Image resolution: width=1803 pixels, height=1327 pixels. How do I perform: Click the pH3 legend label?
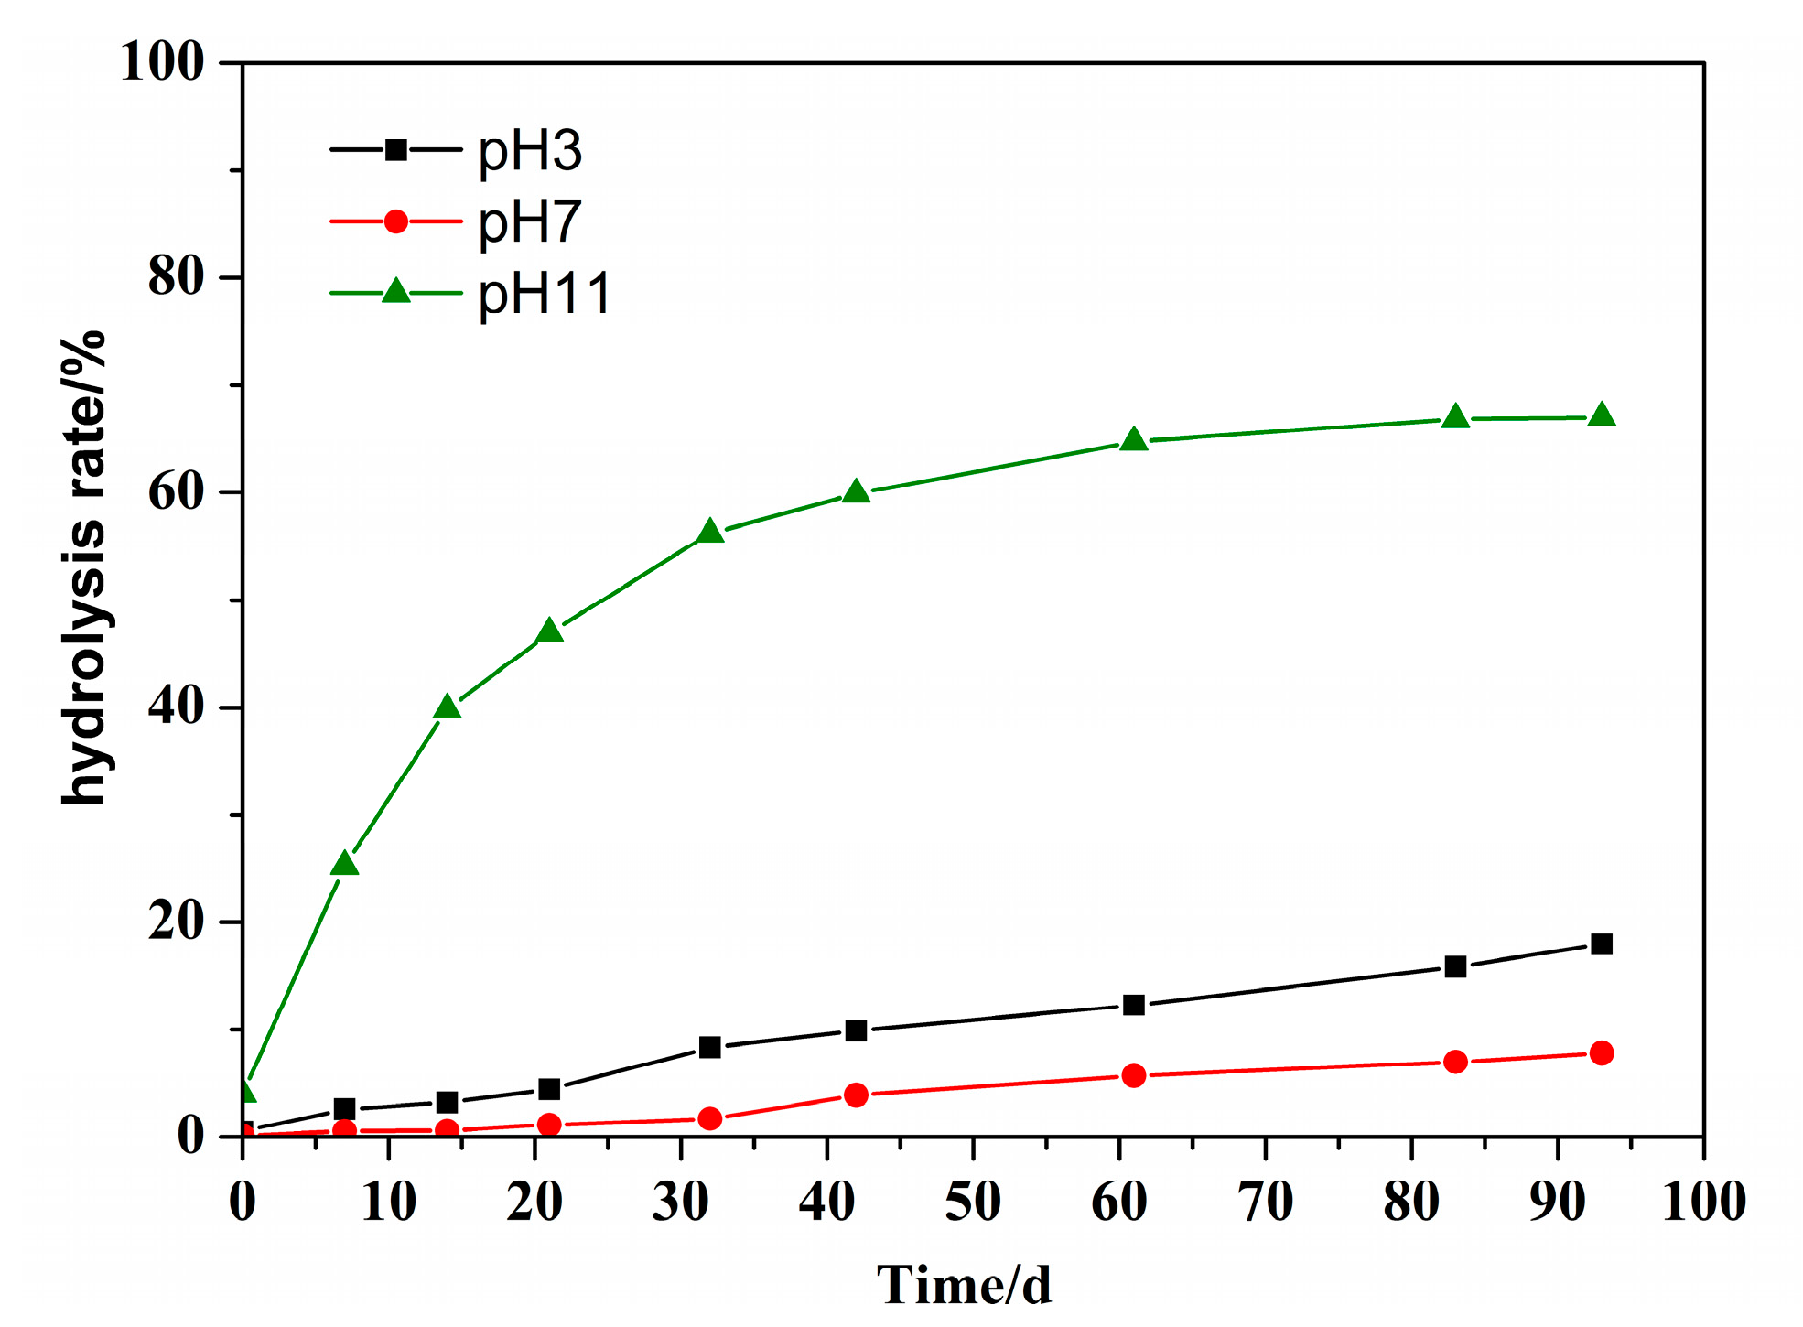(x=530, y=152)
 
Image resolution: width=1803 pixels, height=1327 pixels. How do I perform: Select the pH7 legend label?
(x=530, y=222)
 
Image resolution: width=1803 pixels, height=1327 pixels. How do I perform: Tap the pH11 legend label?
(x=545, y=295)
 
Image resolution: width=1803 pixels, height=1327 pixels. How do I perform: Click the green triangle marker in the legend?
(x=395, y=292)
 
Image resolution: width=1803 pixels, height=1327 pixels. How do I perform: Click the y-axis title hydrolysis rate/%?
(x=84, y=567)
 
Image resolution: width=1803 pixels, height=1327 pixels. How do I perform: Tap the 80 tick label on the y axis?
(x=176, y=277)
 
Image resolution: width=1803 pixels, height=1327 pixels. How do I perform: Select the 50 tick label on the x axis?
(x=973, y=1203)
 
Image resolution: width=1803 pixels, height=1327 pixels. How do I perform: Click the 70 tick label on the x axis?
(x=1265, y=1203)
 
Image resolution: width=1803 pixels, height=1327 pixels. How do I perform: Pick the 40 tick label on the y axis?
(x=176, y=707)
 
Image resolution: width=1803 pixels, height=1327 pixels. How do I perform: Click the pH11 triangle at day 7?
(x=344, y=864)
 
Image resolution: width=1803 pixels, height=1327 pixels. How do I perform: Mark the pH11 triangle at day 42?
(x=856, y=492)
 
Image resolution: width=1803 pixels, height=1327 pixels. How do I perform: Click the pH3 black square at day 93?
(x=1601, y=944)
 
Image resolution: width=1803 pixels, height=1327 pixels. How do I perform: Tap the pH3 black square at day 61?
(x=1133, y=1005)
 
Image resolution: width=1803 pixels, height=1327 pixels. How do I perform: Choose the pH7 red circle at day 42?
(x=856, y=1095)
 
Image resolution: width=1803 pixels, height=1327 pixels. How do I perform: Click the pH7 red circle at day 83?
(x=1455, y=1062)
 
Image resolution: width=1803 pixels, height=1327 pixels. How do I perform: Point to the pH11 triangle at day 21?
(x=549, y=631)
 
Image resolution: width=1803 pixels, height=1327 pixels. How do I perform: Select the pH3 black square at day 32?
(x=709, y=1047)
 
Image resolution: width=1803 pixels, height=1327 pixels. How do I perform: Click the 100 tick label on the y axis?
(x=162, y=63)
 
